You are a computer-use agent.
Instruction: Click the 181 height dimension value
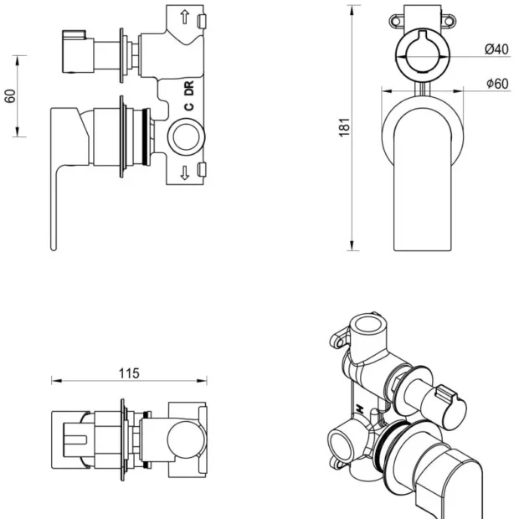click(x=343, y=126)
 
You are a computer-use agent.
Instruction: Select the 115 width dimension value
click(x=128, y=373)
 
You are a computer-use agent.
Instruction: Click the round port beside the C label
click(x=185, y=136)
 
